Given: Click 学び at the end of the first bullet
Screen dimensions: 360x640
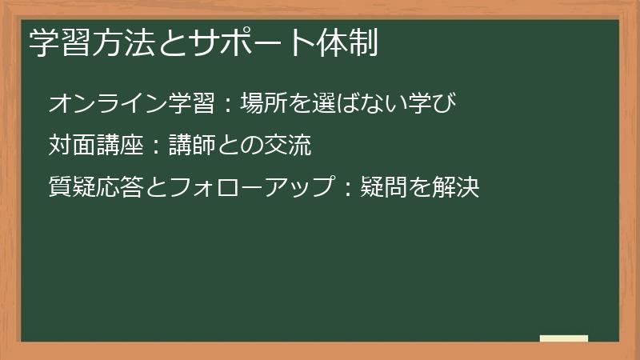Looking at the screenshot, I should (x=435, y=103).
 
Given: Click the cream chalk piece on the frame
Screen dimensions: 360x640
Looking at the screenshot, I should (x=563, y=338).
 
